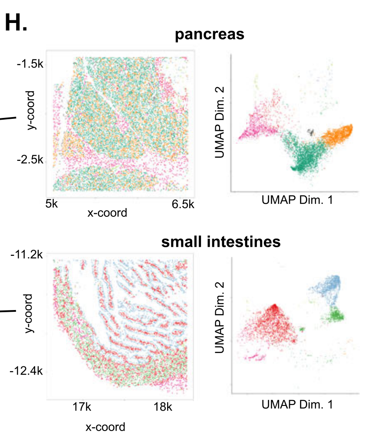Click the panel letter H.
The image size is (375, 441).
pyautogui.click(x=16, y=23)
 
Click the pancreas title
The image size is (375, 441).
pyautogui.click(x=209, y=35)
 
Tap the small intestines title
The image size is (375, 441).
pyautogui.click(x=220, y=242)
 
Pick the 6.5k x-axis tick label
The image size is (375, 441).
pyautogui.click(x=183, y=204)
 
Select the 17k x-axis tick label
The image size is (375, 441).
pyautogui.click(x=82, y=408)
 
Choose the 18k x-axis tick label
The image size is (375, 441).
pyautogui.click(x=163, y=408)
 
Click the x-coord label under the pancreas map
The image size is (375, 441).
pyautogui.click(x=107, y=213)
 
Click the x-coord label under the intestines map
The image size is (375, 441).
pyautogui.click(x=105, y=427)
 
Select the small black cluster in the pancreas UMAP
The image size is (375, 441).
pyautogui.click(x=310, y=131)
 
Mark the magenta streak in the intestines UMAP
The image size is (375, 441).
pyautogui.click(x=255, y=357)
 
